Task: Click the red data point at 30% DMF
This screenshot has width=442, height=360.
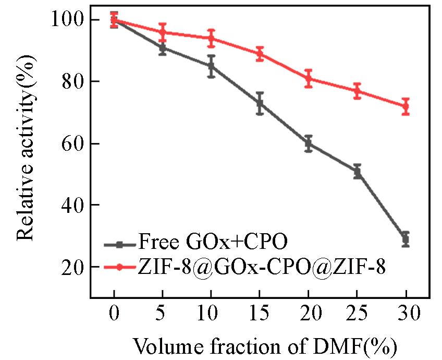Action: [x=406, y=106]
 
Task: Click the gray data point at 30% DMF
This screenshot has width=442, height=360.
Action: [x=406, y=239]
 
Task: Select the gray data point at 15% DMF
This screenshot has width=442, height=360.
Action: [x=260, y=103]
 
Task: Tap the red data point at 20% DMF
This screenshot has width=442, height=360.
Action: [x=308, y=78]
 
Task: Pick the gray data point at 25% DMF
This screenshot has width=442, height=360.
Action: [x=357, y=171]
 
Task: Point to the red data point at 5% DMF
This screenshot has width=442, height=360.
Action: [x=163, y=32]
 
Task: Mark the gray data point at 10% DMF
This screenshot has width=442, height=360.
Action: [x=211, y=66]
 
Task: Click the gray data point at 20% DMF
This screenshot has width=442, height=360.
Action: [x=308, y=143]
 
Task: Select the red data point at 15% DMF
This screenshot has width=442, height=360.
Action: [x=260, y=54]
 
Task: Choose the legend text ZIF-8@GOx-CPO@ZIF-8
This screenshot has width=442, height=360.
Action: [x=262, y=267]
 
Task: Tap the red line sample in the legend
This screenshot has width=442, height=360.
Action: [x=119, y=267]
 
